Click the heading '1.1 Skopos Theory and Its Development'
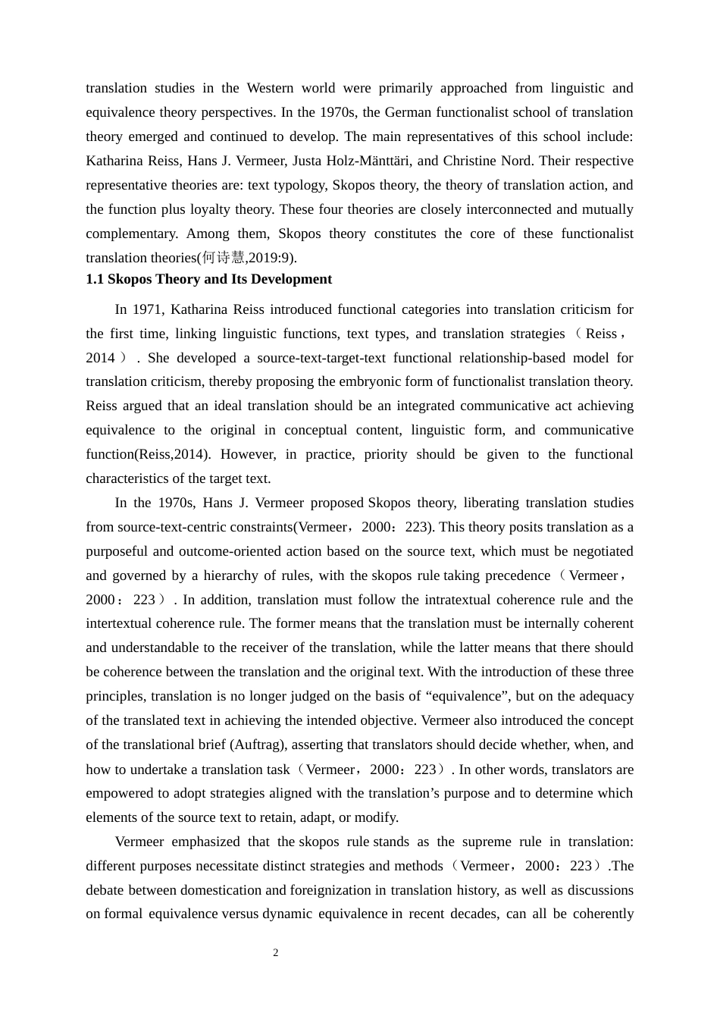click(x=208, y=279)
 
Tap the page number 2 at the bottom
click(x=276, y=953)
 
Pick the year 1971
click(x=149, y=309)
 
